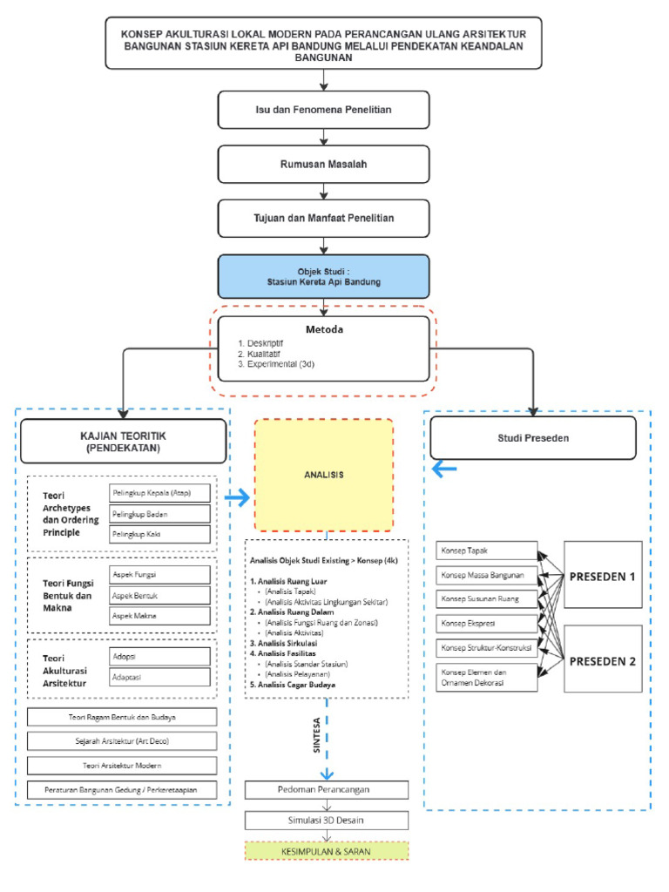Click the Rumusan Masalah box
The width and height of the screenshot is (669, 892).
coord(324,164)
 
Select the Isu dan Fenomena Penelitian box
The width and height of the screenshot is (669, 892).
coord(324,110)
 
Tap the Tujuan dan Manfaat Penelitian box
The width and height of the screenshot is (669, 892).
coord(324,218)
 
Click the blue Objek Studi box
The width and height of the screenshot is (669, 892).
coord(324,276)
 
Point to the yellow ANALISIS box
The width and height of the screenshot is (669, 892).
coord(324,475)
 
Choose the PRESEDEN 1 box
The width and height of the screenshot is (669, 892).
coord(602,574)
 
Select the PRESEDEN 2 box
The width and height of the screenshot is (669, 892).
coord(602,659)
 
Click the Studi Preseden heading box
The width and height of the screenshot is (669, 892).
coord(534,438)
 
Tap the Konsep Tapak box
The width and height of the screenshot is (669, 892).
coord(486,551)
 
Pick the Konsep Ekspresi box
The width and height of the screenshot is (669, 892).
coord(486,624)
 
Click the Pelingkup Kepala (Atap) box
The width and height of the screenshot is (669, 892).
coord(159,493)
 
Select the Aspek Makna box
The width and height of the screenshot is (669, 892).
coord(159,616)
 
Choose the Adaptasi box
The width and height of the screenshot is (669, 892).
coord(159,676)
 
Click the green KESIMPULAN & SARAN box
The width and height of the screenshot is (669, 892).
coord(326,850)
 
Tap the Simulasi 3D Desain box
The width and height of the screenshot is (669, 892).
coord(326,820)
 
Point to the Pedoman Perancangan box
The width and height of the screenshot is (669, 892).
coord(326,789)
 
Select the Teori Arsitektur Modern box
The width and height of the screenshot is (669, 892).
coord(122,765)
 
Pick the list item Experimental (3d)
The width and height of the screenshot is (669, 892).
coord(277,364)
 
